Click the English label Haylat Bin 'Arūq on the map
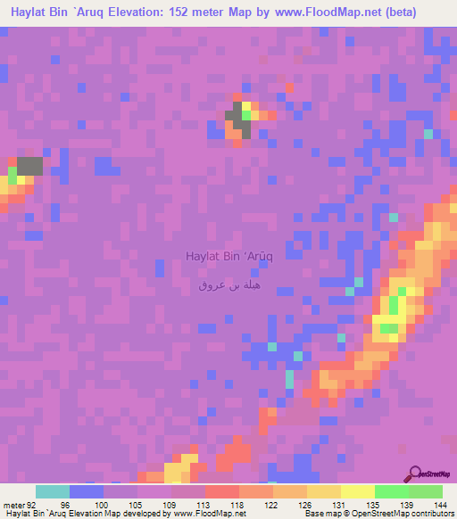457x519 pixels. point(228,256)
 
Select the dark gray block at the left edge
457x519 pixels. point(29,165)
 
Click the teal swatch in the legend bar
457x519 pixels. point(53,491)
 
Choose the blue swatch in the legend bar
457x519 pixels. point(87,491)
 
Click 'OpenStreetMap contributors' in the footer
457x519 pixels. point(415,514)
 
